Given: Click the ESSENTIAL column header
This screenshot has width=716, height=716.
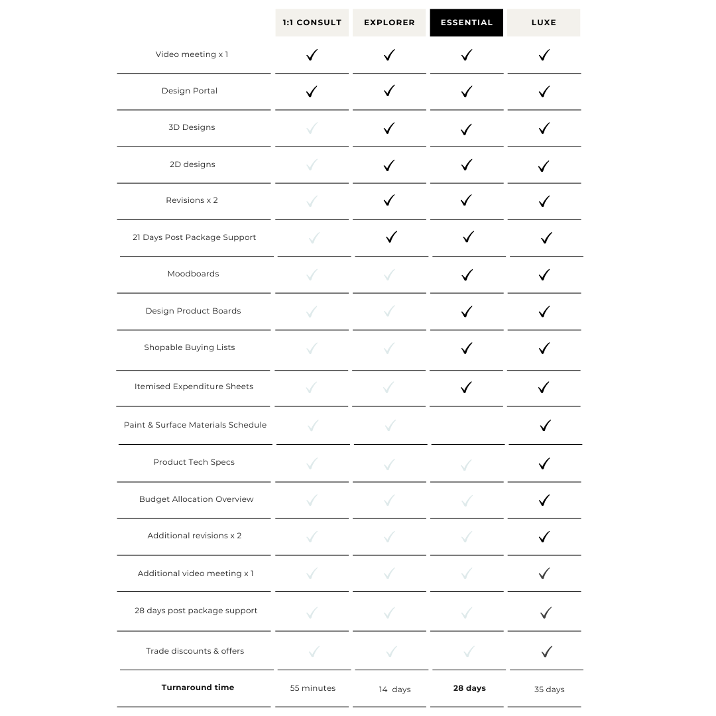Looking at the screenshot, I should [466, 23].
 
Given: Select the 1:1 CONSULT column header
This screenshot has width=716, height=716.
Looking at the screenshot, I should [312, 23].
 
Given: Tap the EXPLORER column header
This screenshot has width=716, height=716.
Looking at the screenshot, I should [389, 23].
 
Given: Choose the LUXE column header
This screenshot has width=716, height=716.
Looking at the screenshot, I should [544, 23].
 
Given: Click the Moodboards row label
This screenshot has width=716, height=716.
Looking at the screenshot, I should [193, 274].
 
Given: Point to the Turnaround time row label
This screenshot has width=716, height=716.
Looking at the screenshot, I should [198, 687].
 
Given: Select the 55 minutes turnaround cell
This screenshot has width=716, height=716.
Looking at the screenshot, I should [312, 688].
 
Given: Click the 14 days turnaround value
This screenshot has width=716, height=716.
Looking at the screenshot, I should [394, 689].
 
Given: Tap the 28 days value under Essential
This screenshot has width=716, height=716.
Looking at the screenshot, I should [469, 688].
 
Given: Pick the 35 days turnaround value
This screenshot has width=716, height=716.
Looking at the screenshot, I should [549, 689].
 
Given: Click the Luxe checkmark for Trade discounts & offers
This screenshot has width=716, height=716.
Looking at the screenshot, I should [546, 652].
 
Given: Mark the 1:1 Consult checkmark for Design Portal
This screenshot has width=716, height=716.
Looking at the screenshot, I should [312, 91].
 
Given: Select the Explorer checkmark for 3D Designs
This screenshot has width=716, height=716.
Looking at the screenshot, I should [389, 128].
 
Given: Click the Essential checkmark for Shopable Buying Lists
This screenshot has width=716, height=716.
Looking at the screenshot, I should [467, 348].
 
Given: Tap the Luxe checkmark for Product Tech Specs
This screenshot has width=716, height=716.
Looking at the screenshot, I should [544, 463].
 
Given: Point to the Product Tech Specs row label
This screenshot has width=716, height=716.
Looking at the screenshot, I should [194, 462].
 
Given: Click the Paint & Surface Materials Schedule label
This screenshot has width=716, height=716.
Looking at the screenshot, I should [195, 425].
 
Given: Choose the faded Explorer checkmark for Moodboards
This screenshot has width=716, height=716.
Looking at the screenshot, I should [389, 274].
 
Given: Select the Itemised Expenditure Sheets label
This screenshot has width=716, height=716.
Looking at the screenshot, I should [194, 387].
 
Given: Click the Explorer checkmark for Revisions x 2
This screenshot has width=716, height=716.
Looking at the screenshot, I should [389, 200].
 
